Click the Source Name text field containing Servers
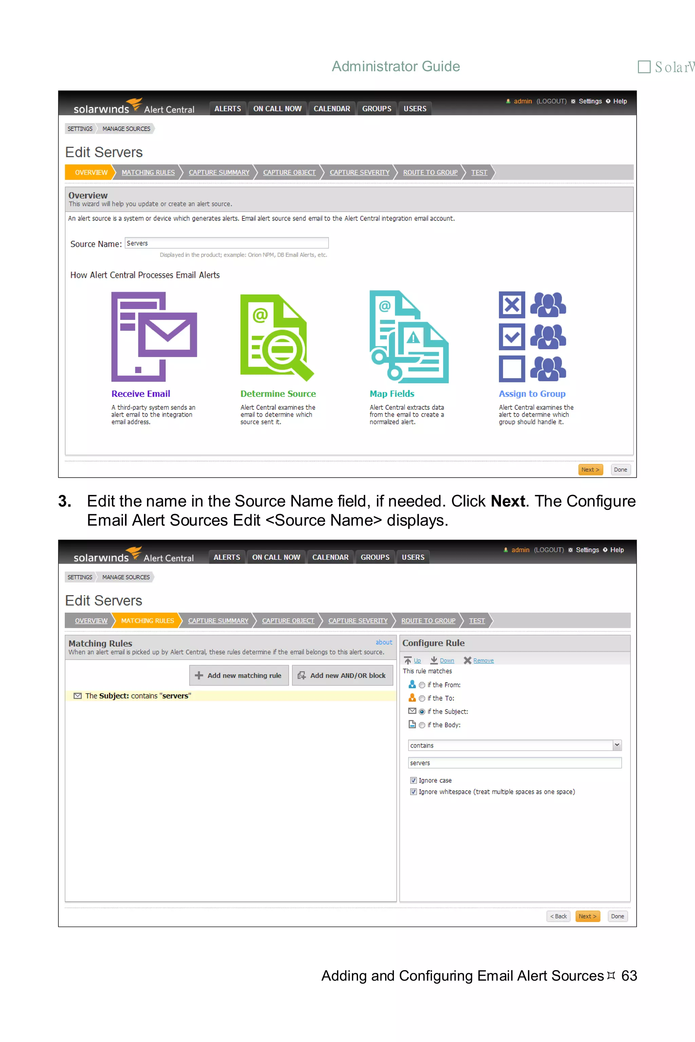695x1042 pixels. pos(226,243)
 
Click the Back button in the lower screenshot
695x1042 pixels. pos(558,916)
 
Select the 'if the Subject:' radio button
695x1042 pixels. pos(421,712)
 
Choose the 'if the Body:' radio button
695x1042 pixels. pos(421,725)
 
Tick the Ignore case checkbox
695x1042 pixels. pos(413,780)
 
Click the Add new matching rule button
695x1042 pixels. pos(239,675)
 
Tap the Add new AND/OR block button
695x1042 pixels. pos(342,675)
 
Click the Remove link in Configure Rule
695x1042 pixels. pos(483,660)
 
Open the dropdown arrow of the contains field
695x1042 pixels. pos(617,745)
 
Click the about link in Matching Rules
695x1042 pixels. pos(383,642)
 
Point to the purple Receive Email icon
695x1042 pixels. pos(154,337)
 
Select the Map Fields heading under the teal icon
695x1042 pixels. pos(392,393)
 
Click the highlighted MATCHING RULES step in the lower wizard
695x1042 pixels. pos(147,621)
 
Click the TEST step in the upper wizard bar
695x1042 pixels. pos(479,172)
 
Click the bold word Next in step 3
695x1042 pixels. pos(508,501)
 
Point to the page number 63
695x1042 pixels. pos(628,975)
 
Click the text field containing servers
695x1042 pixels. pos(514,763)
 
